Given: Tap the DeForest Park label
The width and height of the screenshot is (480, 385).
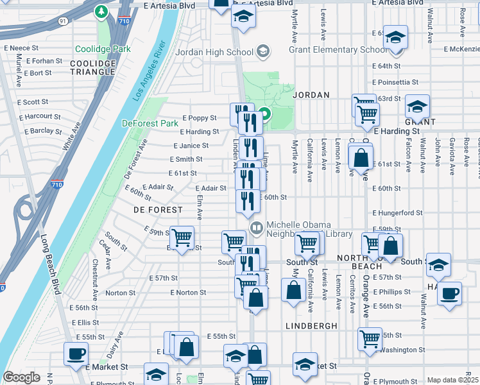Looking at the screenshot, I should (150, 123).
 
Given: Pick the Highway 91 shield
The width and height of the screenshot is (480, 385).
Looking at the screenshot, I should (62, 21).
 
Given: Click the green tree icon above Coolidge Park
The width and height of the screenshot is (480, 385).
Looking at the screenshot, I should (101, 12).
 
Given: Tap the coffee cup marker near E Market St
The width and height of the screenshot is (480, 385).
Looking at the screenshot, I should (76, 354).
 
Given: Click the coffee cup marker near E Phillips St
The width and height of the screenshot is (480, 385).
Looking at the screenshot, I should (449, 293).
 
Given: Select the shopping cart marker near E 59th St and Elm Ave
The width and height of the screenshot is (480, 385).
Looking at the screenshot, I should (182, 237).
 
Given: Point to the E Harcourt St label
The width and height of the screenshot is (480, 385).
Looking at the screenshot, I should (40, 117).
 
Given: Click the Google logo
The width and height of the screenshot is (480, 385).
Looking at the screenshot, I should (22, 377).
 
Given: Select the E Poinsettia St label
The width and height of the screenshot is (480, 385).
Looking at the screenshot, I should (395, 82).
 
